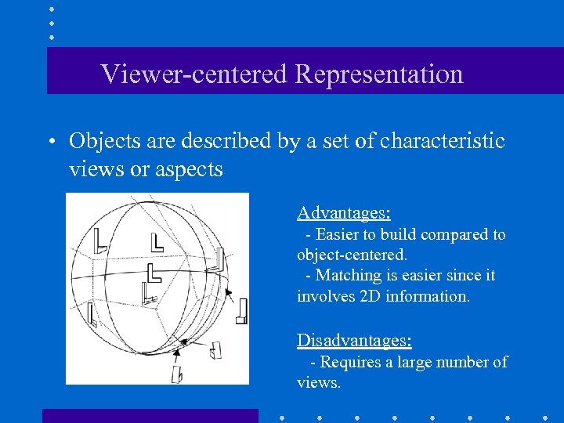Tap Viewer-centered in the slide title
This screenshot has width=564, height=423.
pos(194,74)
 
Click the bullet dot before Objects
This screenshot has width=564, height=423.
pos(49,143)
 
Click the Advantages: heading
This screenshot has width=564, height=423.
pos(344,212)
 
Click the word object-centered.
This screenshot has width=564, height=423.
pos(352,255)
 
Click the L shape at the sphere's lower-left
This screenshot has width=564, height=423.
pos(92,314)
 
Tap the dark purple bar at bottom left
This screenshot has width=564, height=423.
pos(150,415)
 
